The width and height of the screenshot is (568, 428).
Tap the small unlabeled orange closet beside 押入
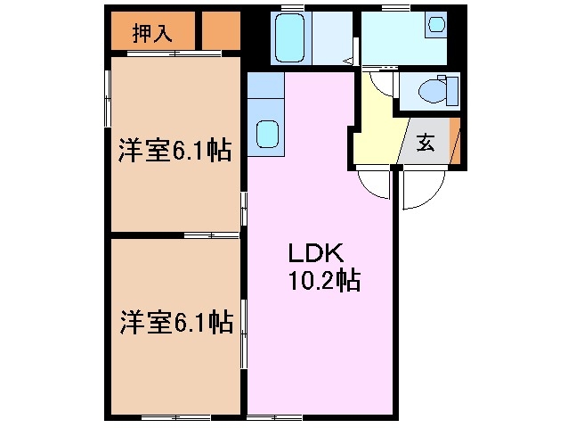221,34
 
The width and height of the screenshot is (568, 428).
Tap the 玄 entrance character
426,143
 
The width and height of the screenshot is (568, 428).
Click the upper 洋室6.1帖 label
176,151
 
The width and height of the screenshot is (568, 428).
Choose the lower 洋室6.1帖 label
176,322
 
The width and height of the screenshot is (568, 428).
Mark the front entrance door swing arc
418,190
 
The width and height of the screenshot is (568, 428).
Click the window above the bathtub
291,8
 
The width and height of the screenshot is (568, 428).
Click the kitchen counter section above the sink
265,88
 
